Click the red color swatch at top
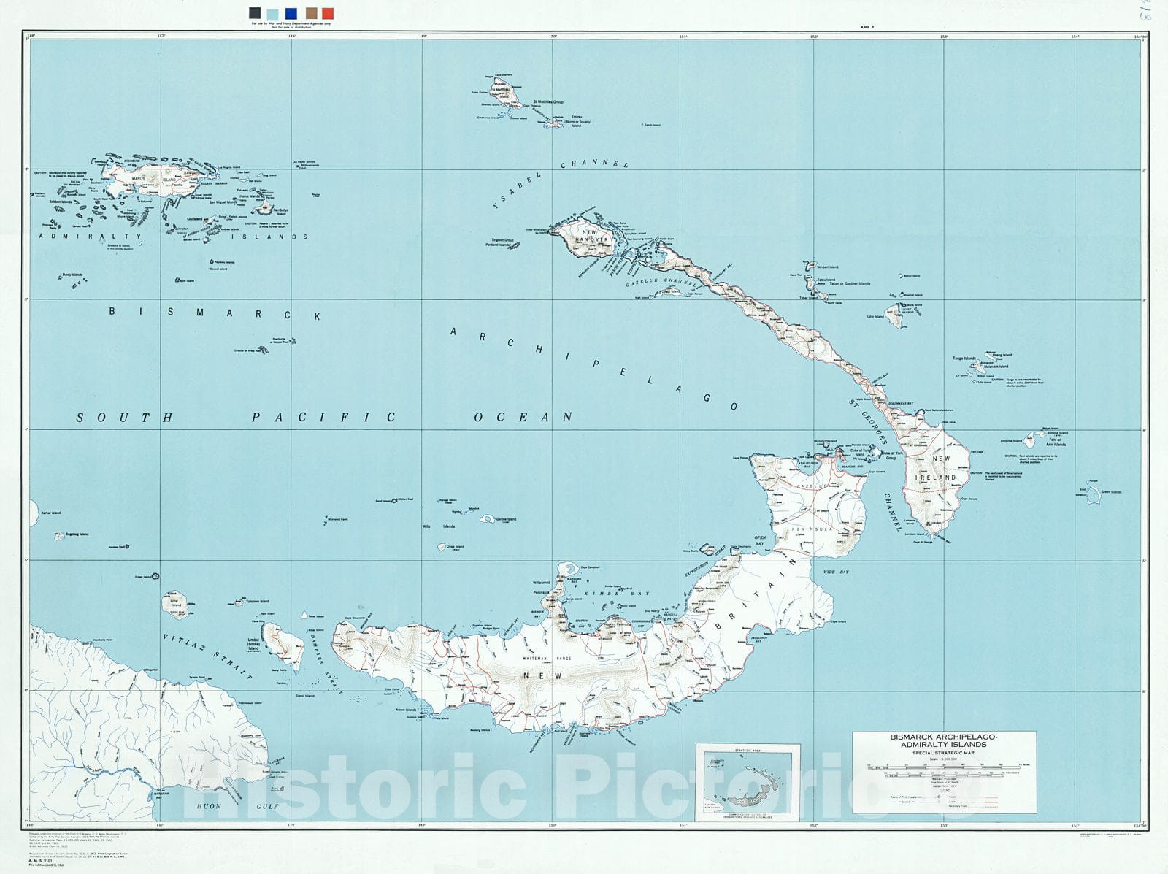pyautogui.click(x=328, y=13)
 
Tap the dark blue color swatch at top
pyautogui.click(x=291, y=13)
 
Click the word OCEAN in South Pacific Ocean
pyautogui.click(x=523, y=418)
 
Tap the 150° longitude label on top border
pyautogui.click(x=553, y=35)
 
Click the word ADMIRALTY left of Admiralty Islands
pyautogui.click(x=90, y=237)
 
